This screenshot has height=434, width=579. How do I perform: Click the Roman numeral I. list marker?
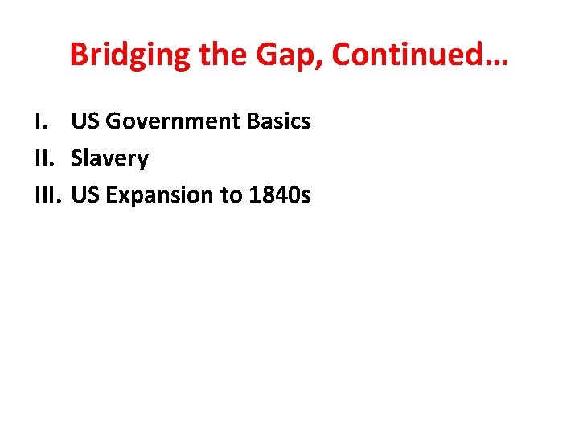pyautogui.click(x=40, y=121)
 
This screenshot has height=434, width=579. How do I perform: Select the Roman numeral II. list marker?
pyautogui.click(x=44, y=158)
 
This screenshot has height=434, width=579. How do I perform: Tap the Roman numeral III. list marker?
pyautogui.click(x=47, y=195)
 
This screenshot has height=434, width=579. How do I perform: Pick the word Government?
pyautogui.click(x=173, y=121)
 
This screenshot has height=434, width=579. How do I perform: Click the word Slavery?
pyautogui.click(x=109, y=159)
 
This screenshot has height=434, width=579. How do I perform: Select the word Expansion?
pyautogui.click(x=157, y=196)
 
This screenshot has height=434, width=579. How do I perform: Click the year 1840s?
pyautogui.click(x=279, y=195)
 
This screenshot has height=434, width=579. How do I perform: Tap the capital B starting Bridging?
pyautogui.click(x=79, y=55)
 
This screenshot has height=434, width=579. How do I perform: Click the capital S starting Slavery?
pyautogui.click(x=76, y=158)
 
